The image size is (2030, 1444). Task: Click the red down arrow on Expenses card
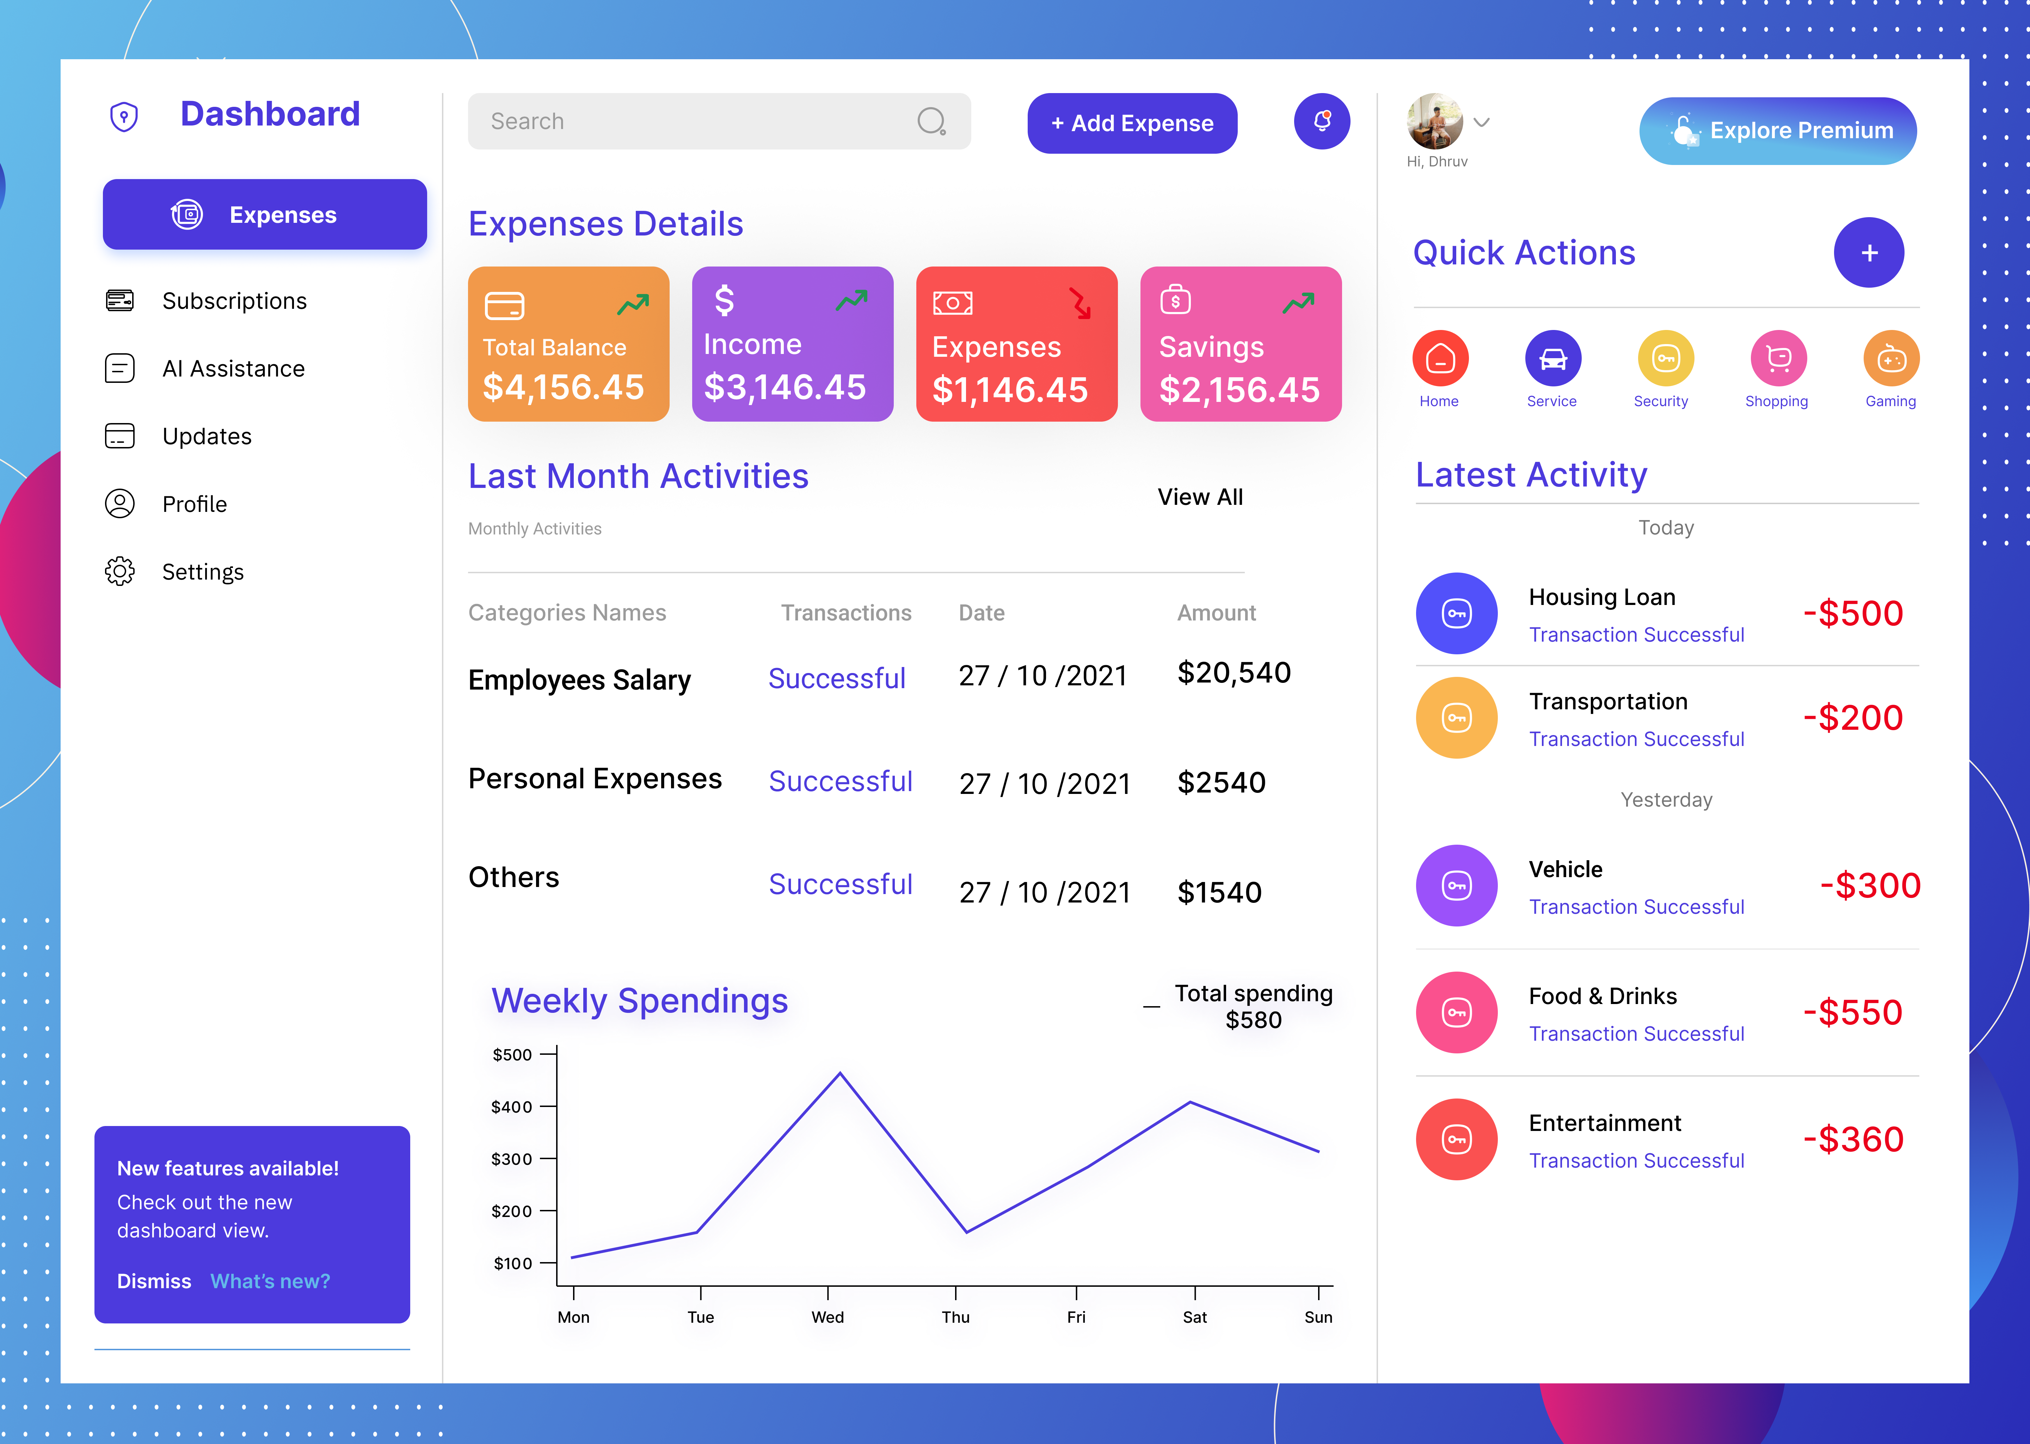coord(1080,303)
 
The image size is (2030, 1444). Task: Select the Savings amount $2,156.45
coord(1239,390)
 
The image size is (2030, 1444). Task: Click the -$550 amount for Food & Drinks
coord(1852,1013)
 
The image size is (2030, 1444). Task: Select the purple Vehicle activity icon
coord(1456,886)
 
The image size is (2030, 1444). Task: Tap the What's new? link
coord(270,1281)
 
